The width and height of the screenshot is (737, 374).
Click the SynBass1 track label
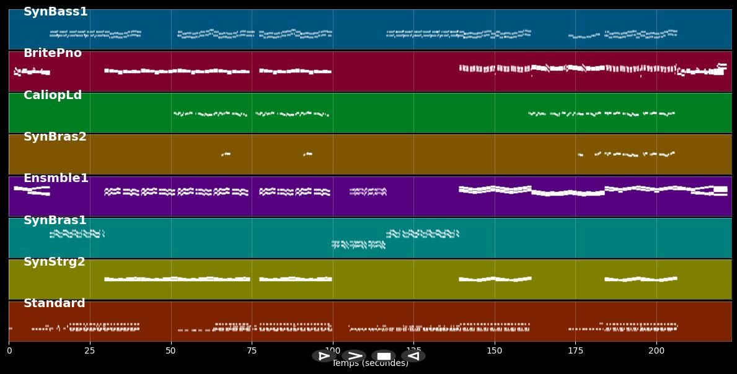pos(55,12)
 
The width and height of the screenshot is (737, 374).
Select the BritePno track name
pos(52,53)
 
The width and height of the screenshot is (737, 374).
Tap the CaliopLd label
pos(52,95)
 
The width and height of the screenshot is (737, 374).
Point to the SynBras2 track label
pos(55,137)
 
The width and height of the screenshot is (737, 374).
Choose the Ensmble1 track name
pos(56,178)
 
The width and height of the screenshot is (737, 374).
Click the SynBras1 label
pos(55,220)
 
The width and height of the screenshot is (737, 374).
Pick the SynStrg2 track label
pos(54,262)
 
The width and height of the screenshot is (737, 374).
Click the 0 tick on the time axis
pos(9,351)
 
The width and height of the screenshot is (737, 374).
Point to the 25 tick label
pos(90,351)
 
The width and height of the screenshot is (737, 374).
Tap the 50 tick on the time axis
pos(170,351)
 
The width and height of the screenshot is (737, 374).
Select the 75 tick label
pos(252,351)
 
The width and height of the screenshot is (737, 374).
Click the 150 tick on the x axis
pos(495,351)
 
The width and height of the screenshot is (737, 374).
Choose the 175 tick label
pos(575,351)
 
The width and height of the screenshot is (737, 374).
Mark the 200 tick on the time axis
pos(656,351)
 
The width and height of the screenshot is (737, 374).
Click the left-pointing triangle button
pos(413,356)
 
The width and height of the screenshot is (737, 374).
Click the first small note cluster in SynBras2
pos(226,154)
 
